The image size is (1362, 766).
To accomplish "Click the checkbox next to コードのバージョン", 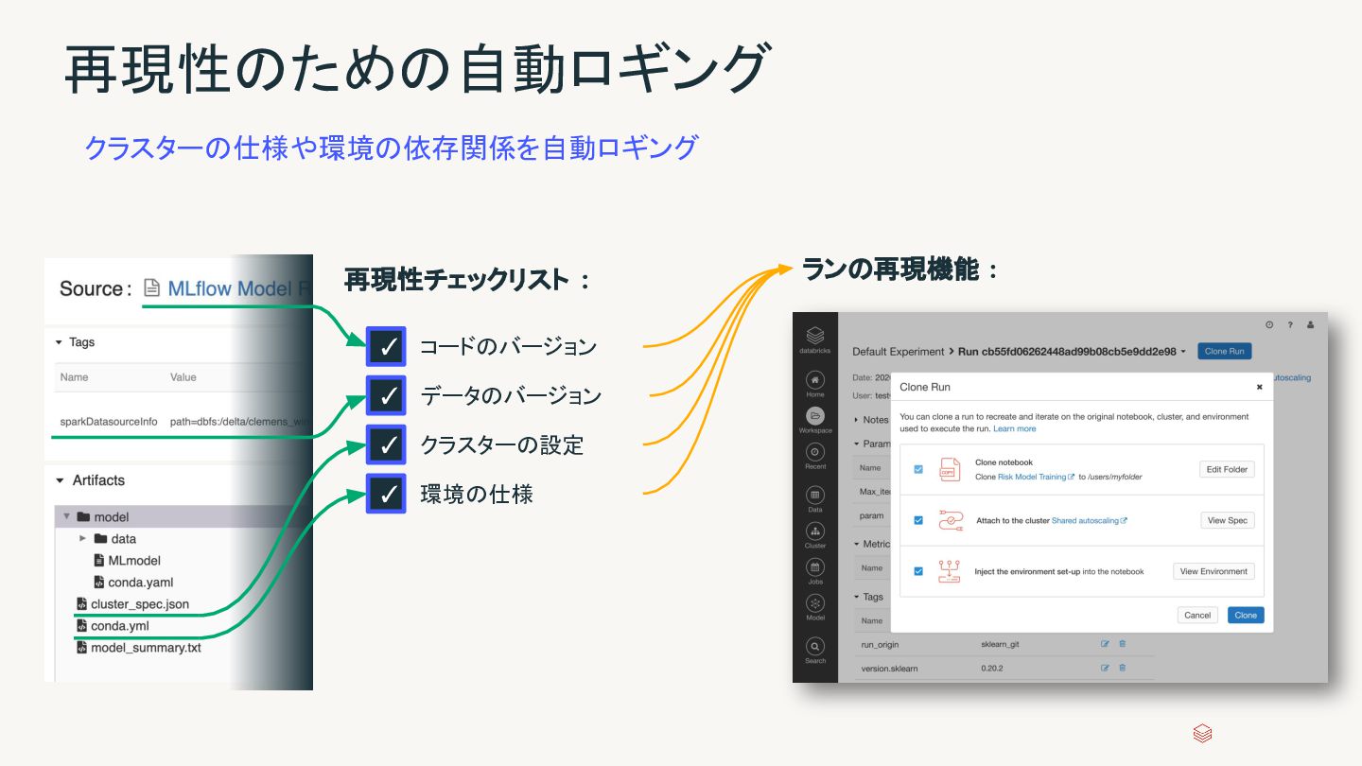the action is coord(386,347).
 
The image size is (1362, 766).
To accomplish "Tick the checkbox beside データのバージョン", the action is coord(386,395).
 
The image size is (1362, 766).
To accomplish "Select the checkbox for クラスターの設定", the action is coord(386,444).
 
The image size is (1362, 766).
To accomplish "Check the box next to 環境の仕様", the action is coord(386,494).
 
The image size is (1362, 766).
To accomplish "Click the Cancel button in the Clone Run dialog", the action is coord(1197,615).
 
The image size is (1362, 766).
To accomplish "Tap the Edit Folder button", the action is coord(1227,469).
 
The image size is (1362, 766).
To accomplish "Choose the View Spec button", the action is coord(1227,520).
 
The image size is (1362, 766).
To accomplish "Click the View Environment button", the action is coord(1214,571).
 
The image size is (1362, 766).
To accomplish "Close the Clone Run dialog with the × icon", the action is coord(1259,387).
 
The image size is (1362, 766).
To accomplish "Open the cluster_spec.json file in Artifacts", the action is coord(140,604).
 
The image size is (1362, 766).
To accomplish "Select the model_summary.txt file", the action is coord(146,648).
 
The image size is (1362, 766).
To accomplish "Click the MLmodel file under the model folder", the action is coord(134,561).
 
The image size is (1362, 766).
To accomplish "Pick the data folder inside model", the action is coord(123,539).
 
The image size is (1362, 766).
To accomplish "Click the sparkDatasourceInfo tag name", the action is coord(109,422).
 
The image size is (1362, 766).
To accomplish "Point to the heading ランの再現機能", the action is coord(890,270).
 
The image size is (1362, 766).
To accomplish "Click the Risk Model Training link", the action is coord(1032,478).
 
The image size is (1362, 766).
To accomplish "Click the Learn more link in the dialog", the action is coord(1014,429).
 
